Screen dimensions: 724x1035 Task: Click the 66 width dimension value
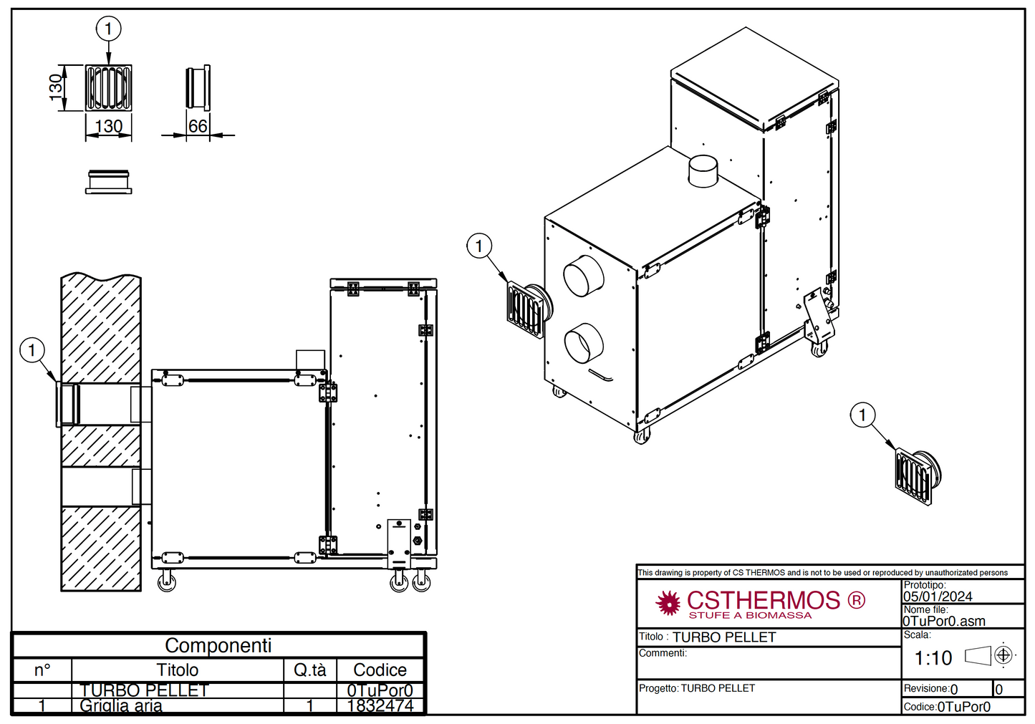click(198, 126)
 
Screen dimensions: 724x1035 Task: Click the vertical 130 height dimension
click(56, 87)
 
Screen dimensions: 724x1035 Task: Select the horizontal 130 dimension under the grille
click(109, 126)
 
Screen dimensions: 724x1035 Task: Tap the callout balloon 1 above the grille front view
click(108, 29)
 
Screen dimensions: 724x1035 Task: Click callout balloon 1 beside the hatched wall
click(32, 350)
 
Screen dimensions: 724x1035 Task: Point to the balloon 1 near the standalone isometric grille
click(862, 415)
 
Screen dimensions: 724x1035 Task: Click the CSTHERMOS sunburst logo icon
click(668, 603)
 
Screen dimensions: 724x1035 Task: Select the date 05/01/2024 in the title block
click(938, 597)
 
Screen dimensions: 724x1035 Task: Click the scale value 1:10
click(933, 657)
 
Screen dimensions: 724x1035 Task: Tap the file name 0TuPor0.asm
click(944, 621)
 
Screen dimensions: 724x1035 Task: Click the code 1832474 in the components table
click(380, 705)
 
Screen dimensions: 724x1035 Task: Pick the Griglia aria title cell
click(121, 705)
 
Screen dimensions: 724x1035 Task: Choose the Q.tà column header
click(309, 670)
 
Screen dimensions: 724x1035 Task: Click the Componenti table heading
click(218, 645)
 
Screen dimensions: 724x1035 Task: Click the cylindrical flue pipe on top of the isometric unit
click(703, 171)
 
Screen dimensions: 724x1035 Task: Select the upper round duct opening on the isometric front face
click(583, 276)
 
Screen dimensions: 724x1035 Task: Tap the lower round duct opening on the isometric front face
click(584, 343)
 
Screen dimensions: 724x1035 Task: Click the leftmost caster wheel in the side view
click(167, 582)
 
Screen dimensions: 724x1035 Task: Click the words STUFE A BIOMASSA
click(750, 615)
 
